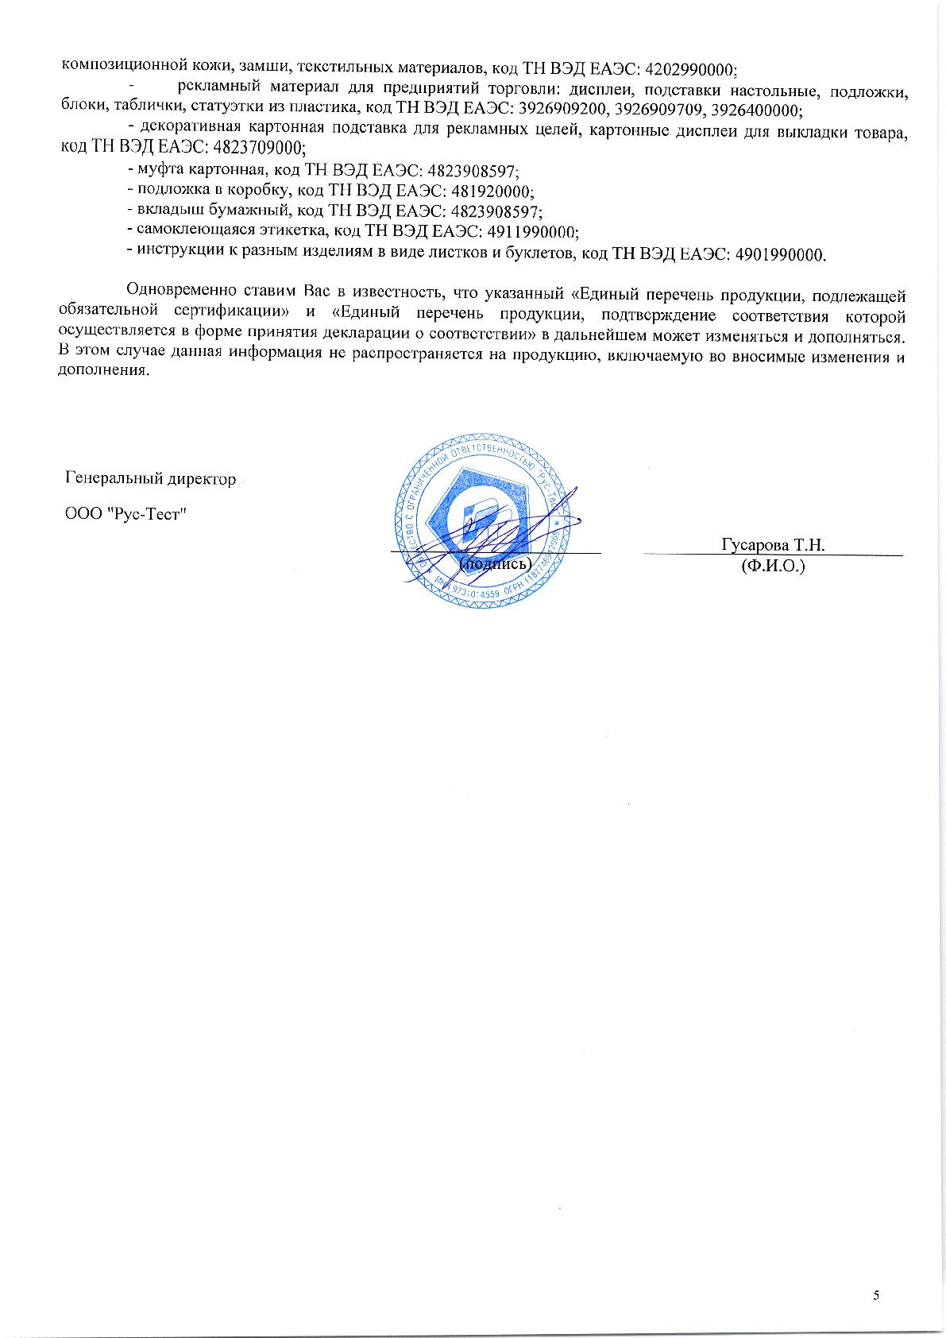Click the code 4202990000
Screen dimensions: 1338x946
coord(693,68)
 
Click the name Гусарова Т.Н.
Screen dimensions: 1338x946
coord(773,545)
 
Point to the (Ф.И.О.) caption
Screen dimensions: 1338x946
coord(773,567)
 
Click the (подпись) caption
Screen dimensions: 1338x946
coord(494,563)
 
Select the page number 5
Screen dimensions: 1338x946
coord(876,1296)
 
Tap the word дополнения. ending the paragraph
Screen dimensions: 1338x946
coord(104,371)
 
